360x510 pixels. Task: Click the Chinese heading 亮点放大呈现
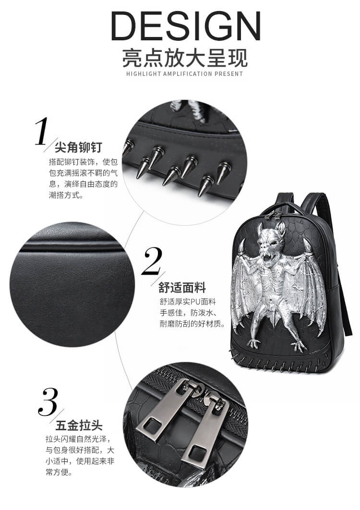(185, 58)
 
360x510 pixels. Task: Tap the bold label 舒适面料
(182, 288)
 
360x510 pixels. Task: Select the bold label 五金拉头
(79, 425)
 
